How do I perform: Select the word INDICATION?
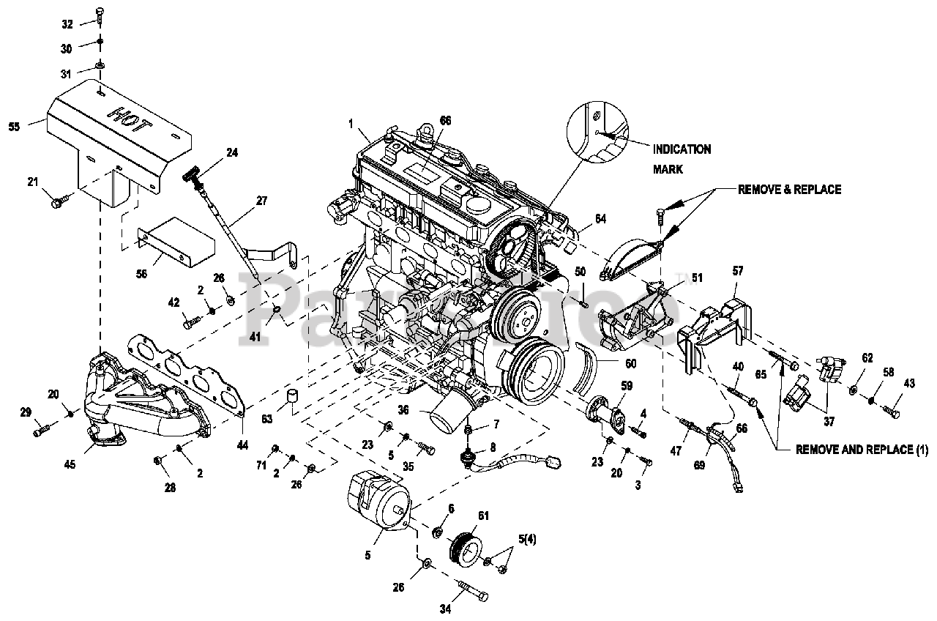point(682,149)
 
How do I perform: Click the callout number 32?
point(67,24)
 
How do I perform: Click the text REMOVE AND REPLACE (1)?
point(862,450)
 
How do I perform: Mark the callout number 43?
point(909,384)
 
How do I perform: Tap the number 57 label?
point(737,271)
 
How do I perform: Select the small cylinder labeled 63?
point(293,397)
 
